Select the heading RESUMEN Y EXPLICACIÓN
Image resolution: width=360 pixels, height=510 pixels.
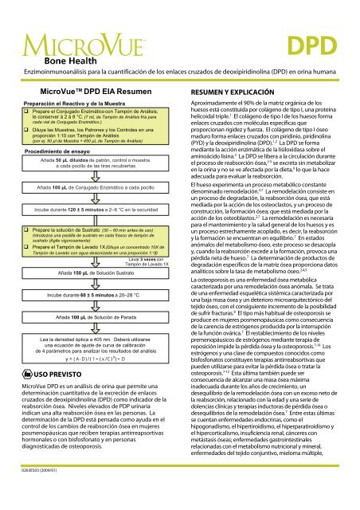(x=237, y=71)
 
